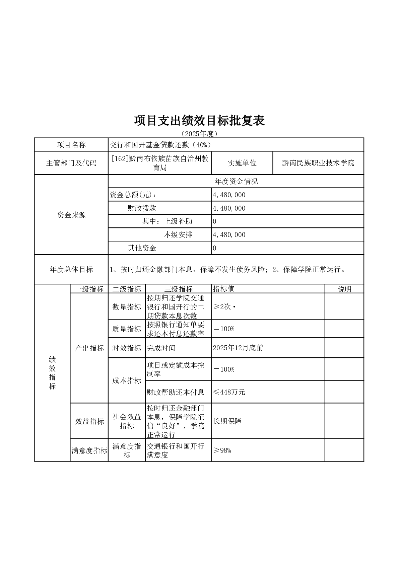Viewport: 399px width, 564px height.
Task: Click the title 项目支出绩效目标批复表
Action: [x=199, y=121]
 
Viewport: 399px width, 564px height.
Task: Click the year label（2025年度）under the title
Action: [x=199, y=134]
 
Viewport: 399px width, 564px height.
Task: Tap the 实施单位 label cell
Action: [x=242, y=163]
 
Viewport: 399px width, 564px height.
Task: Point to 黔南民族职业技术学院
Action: [x=318, y=163]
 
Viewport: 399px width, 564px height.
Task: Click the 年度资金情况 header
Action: [x=236, y=182]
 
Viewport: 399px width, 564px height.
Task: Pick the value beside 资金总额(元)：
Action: [x=229, y=195]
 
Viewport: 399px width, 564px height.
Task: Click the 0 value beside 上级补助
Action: [x=215, y=221]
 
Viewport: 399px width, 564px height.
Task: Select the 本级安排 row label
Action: [x=178, y=235]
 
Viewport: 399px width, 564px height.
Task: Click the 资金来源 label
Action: [x=71, y=215]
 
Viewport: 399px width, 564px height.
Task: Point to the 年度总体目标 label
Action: [x=71, y=270]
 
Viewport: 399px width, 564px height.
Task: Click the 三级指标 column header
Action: [x=178, y=289]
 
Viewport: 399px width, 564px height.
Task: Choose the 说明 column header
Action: [x=344, y=289]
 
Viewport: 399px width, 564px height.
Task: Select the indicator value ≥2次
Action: [x=222, y=307]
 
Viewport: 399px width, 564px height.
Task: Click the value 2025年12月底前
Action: [x=238, y=348]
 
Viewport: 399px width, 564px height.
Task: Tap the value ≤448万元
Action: [x=229, y=392]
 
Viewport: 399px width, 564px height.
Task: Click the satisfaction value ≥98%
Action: [x=222, y=450]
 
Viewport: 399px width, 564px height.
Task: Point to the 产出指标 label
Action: [x=89, y=348]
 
